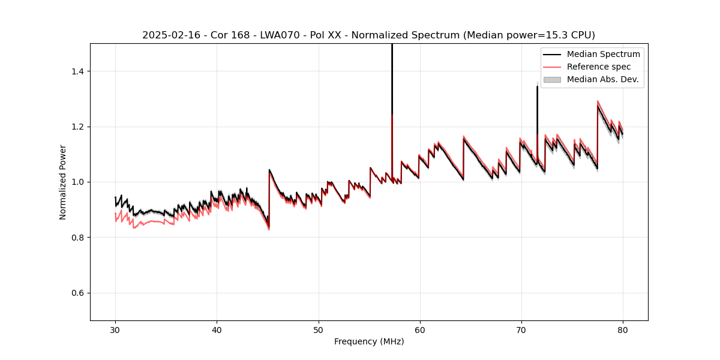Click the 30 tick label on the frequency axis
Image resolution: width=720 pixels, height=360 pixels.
[116, 329]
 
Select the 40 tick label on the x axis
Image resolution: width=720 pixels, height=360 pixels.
[217, 329]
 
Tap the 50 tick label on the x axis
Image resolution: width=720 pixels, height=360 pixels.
[319, 329]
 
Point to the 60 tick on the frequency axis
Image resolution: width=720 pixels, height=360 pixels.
[420, 329]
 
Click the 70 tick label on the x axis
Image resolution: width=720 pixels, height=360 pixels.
[521, 329]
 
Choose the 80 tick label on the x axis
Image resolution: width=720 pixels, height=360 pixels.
[623, 329]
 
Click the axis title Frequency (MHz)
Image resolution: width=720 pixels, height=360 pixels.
[369, 341]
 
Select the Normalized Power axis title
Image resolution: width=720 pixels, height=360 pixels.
[63, 182]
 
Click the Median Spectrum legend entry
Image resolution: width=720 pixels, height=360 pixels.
[603, 54]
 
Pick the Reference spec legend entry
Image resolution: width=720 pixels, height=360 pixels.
[599, 67]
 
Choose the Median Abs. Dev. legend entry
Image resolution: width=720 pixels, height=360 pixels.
[602, 79]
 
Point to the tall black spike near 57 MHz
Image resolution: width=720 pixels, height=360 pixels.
[392, 78]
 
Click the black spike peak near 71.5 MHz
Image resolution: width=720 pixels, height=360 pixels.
[537, 87]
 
